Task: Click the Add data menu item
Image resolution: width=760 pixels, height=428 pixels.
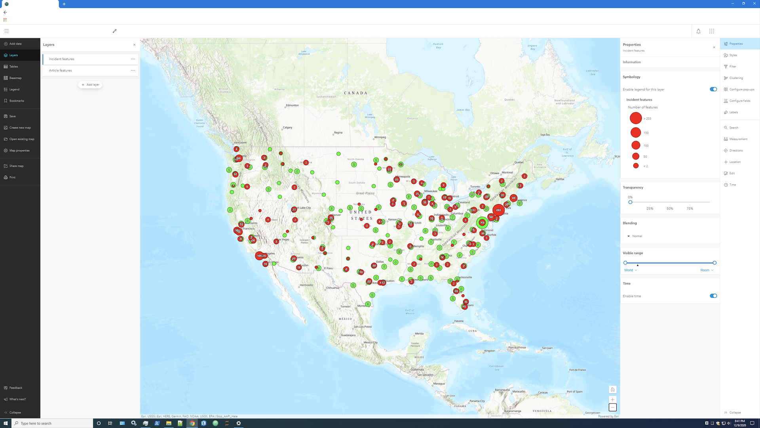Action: [x=15, y=44]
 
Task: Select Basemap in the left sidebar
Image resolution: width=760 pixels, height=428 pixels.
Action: [x=15, y=78]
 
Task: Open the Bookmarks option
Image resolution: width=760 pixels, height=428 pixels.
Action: [x=17, y=101]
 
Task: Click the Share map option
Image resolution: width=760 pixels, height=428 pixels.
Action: [x=16, y=166]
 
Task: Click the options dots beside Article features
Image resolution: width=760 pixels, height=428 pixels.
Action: [x=133, y=71]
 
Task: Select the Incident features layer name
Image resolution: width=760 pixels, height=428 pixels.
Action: [x=62, y=59]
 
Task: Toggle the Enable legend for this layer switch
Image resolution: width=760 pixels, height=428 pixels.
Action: [x=713, y=90]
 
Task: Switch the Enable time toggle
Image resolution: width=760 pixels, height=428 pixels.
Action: [x=713, y=296]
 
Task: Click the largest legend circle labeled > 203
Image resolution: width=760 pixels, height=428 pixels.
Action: [x=636, y=118]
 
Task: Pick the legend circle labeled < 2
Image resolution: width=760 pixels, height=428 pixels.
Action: [x=636, y=166]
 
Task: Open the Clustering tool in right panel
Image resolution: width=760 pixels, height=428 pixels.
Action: [x=736, y=78]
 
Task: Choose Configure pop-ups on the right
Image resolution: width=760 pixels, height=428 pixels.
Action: [x=741, y=90]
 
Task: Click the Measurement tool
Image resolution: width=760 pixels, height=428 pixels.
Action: [x=738, y=139]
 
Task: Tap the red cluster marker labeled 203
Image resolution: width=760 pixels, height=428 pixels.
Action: [x=498, y=210]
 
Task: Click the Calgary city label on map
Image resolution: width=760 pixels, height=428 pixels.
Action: [x=287, y=128]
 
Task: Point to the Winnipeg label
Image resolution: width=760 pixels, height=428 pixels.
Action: [x=380, y=138]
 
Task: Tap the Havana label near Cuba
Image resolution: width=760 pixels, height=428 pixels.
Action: [x=459, y=321]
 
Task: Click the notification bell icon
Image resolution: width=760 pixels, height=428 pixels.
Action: [x=698, y=31]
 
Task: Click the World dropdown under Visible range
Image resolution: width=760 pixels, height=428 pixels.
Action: [x=631, y=270]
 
